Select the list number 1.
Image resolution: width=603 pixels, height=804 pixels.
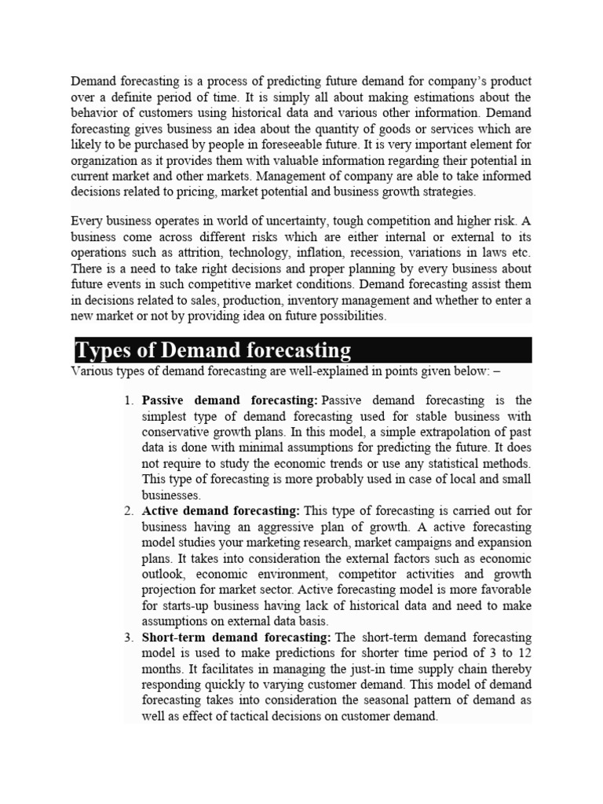[129, 401]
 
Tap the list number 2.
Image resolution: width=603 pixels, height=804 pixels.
[129, 511]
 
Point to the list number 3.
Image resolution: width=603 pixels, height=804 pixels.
[129, 637]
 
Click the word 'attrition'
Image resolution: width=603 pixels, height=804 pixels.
[215, 253]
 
